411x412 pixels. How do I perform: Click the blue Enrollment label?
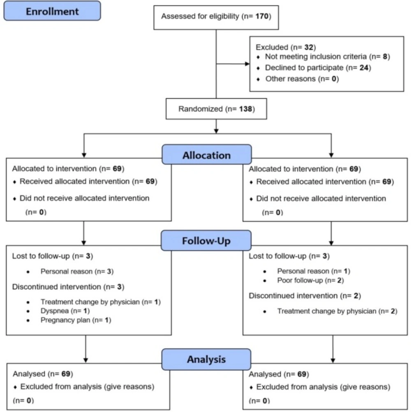52,11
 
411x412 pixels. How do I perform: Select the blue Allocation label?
206,155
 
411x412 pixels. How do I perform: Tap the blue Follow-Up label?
206,241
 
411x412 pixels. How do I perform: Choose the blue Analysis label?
206,359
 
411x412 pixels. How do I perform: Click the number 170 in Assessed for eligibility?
261,16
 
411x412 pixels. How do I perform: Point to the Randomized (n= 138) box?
216,109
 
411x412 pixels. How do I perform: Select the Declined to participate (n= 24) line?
318,67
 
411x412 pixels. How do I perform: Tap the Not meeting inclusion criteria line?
327,57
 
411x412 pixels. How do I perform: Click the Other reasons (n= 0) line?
302,78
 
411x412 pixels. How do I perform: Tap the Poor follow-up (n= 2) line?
310,281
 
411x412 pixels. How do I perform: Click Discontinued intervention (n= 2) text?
305,296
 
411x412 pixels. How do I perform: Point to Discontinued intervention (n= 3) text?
68,286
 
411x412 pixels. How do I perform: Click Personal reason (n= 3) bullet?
76,271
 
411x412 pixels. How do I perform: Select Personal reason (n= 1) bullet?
313,271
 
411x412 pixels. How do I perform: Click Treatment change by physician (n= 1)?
100,302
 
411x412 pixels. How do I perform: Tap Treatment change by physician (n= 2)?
337,311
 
